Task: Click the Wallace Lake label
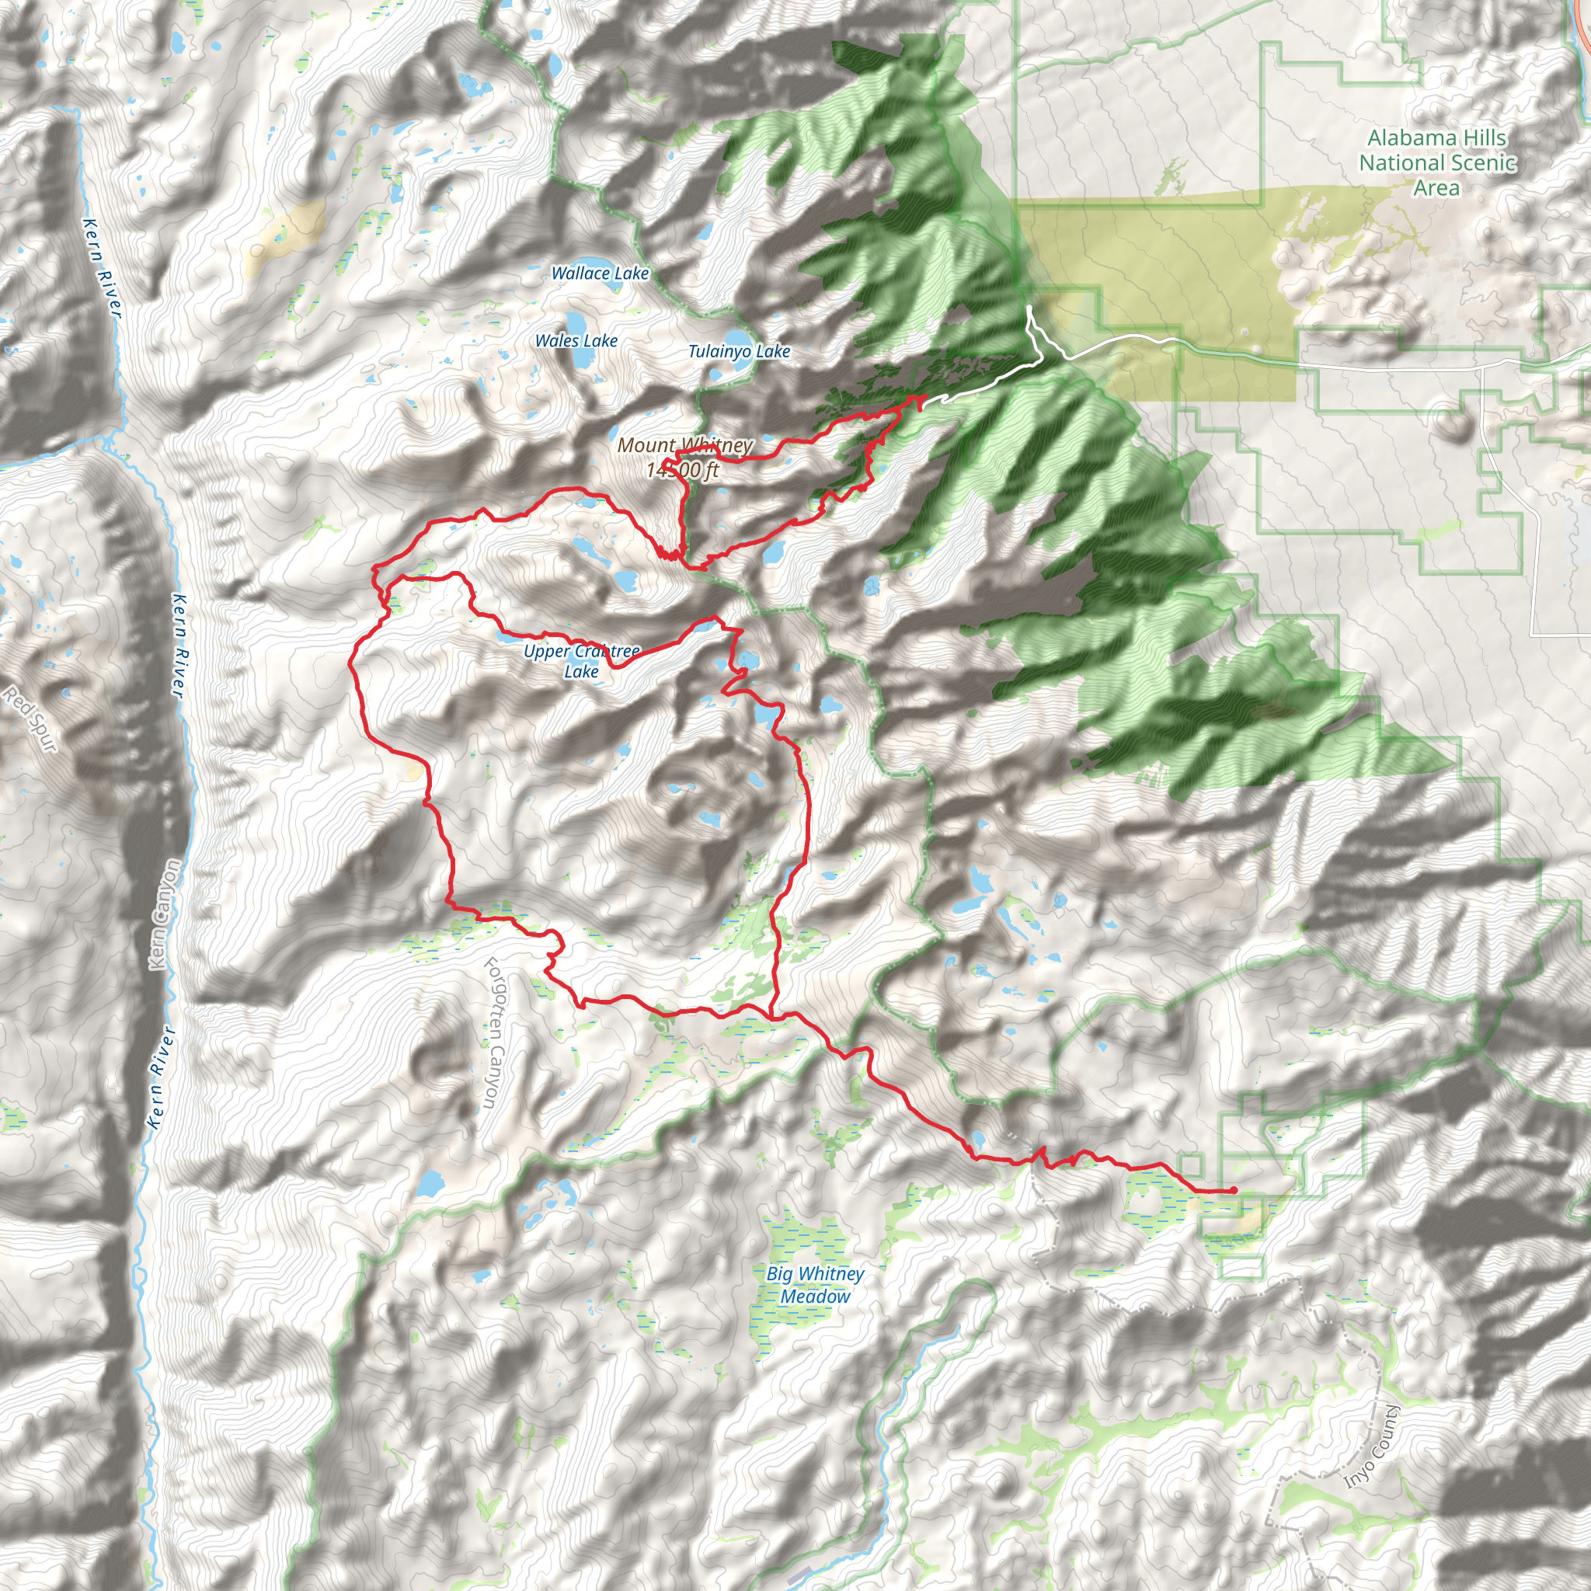[600, 273]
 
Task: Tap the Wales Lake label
[576, 341]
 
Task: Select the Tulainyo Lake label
[739, 352]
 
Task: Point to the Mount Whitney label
[684, 445]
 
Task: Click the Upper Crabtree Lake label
[581, 661]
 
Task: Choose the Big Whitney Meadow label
[814, 1285]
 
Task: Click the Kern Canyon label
[163, 914]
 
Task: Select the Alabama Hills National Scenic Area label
[1436, 163]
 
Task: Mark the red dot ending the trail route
[1233, 1190]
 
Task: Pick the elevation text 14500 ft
[683, 470]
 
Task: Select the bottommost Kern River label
[161, 1077]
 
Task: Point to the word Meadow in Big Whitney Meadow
[814, 1297]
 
